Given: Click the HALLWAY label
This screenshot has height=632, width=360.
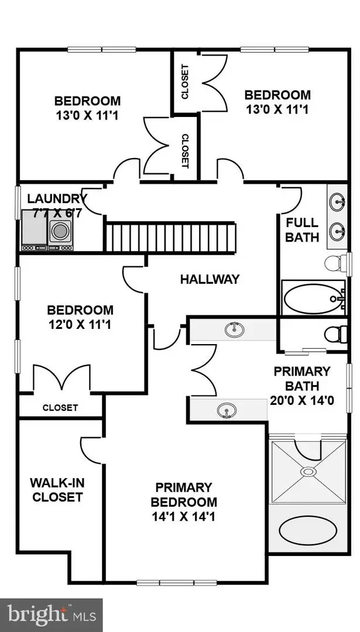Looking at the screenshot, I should coord(210,279).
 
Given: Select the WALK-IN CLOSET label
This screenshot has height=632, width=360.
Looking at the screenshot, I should coord(57,490).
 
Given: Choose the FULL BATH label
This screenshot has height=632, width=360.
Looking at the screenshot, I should coord(302,229).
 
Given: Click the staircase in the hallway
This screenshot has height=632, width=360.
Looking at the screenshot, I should coord(171,238).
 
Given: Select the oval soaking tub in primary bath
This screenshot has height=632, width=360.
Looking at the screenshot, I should coord(307,531).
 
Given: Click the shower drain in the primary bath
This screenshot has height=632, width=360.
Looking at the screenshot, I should coord(307,471).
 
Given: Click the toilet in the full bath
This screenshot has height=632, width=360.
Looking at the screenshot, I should coord(335,262).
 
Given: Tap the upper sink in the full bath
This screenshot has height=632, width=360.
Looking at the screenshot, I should coord(338,204).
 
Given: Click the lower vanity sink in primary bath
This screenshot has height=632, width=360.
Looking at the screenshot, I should coord(227,410).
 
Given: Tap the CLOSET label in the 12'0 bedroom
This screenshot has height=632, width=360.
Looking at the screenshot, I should coord(60,408).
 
